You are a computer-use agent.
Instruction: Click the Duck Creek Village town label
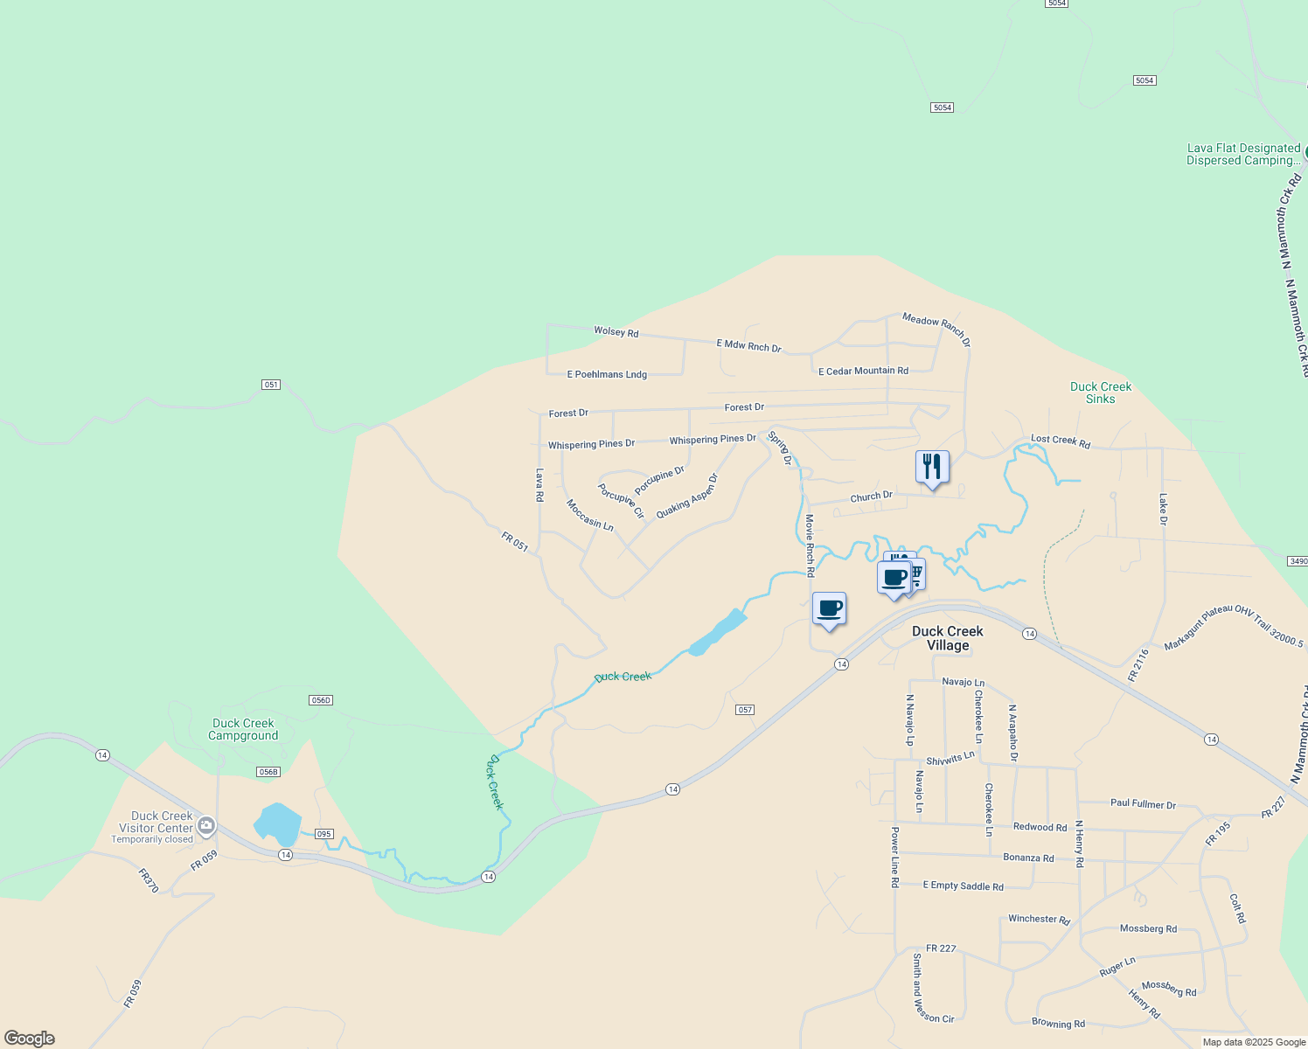pos(948,638)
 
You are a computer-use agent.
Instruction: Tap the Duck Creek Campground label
pos(243,729)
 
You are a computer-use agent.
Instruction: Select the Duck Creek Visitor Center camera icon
pos(206,824)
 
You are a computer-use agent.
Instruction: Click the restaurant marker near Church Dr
pos(932,467)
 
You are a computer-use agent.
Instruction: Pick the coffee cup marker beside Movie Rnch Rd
pos(829,608)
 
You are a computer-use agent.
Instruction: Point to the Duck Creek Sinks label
pos(1101,393)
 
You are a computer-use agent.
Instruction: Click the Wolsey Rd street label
pos(616,331)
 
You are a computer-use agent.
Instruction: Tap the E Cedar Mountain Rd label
pos(863,371)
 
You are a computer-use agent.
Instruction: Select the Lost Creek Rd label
pos(1061,441)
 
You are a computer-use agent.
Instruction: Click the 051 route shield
pos(271,385)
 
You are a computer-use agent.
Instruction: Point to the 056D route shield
pos(321,700)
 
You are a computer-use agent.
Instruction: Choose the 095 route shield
pos(324,834)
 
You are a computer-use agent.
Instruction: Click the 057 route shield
pos(745,710)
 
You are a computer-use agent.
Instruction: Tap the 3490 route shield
pos(1298,560)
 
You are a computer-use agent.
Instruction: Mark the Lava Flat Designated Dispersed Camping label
pos(1243,155)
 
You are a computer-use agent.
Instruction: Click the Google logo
pos(30,1039)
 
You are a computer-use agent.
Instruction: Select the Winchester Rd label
pos(1039,920)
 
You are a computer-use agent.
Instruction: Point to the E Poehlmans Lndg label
pos(607,374)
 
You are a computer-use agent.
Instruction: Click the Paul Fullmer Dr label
pos(1143,803)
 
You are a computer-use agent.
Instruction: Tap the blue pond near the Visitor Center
pos(278,824)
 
